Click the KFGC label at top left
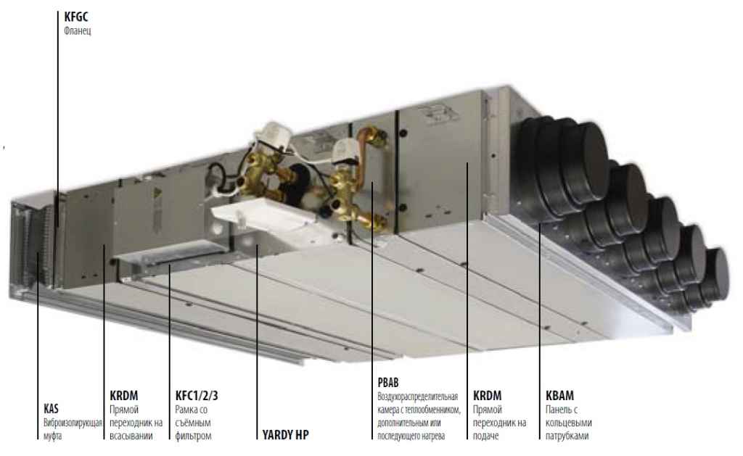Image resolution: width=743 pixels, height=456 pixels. (x=75, y=17)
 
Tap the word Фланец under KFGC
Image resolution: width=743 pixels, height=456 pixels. (x=77, y=31)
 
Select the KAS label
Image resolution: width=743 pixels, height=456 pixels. (x=52, y=408)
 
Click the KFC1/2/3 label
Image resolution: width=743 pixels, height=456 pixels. (x=197, y=395)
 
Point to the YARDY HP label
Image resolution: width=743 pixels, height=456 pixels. (x=286, y=435)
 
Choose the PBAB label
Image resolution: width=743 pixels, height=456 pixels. (x=388, y=382)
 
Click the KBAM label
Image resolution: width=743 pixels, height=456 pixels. (x=559, y=395)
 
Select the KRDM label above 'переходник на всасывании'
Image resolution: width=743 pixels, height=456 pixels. (x=123, y=395)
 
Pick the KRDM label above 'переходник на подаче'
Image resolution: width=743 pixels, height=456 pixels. (x=487, y=395)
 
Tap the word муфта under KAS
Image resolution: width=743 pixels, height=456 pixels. (x=52, y=436)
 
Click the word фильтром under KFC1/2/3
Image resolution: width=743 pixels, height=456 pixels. (x=193, y=436)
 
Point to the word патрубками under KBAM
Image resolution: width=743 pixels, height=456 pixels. (x=567, y=436)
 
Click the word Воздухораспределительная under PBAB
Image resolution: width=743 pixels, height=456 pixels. (x=418, y=397)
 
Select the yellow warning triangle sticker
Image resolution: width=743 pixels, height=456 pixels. (x=157, y=197)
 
